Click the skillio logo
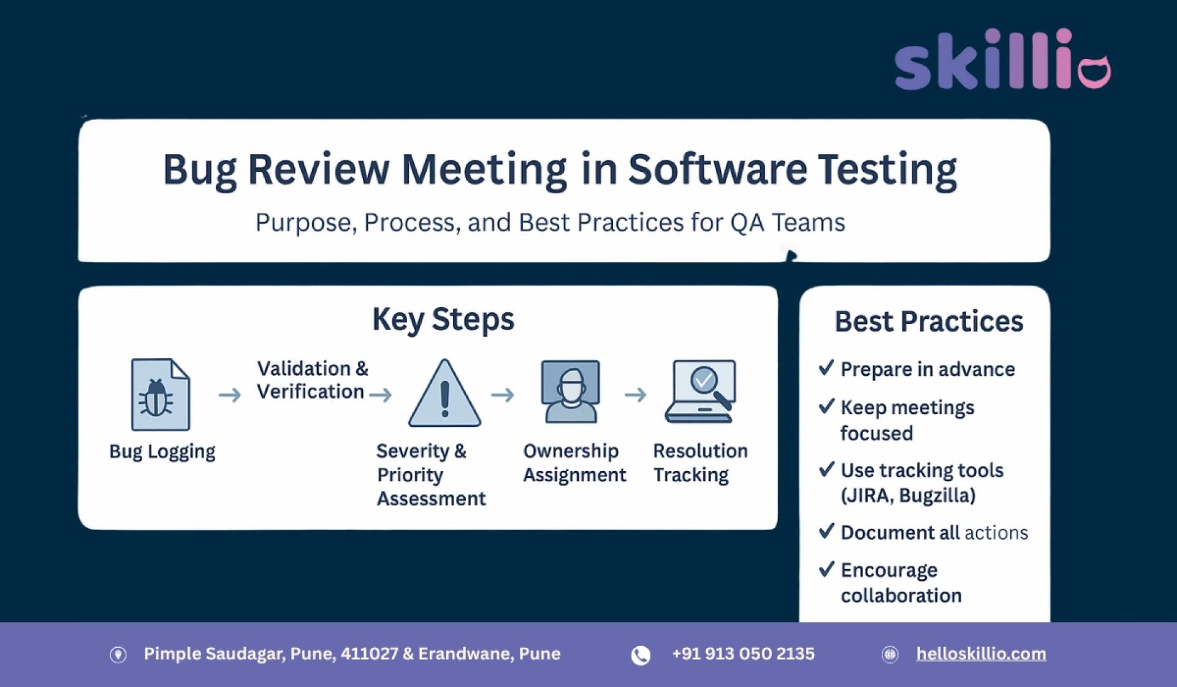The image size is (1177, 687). click(1002, 59)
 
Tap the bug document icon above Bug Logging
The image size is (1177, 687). click(161, 394)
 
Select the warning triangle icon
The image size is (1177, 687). click(444, 394)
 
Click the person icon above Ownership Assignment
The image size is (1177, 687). click(570, 391)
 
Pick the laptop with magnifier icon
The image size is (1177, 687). click(701, 391)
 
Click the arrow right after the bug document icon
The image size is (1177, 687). click(230, 394)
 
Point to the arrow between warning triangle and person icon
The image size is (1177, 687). click(503, 394)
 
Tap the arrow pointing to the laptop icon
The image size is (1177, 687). click(636, 394)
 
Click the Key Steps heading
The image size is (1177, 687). click(443, 319)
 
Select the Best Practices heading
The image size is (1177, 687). click(929, 321)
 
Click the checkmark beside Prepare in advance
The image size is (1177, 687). click(826, 367)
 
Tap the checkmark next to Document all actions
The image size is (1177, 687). click(826, 531)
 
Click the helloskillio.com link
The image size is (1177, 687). click(981, 654)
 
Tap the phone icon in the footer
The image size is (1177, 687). click(641, 655)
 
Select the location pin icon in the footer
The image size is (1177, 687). click(118, 654)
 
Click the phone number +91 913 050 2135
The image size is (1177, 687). click(743, 654)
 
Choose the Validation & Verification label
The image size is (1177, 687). click(312, 380)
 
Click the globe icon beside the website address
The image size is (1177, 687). click(889, 654)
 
